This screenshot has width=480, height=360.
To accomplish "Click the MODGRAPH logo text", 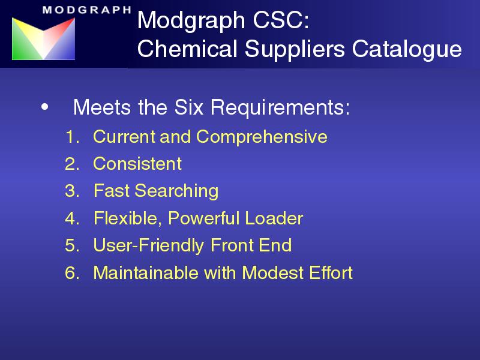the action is tap(87, 10).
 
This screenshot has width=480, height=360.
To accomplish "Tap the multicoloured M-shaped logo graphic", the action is tap(43, 38).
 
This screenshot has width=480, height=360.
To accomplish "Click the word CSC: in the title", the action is tap(281, 20).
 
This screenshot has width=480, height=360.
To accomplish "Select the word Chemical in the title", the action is tap(187, 49).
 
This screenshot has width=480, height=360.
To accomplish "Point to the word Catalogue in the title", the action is tap(407, 50).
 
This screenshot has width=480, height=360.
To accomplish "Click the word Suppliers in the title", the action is tap(295, 50).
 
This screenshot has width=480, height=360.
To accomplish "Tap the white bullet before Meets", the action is tap(44, 107).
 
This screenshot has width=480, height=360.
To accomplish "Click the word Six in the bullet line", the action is tap(189, 107).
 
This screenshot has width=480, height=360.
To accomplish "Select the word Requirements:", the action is tap(280, 108).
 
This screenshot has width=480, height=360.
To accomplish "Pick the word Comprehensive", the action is tap(262, 137).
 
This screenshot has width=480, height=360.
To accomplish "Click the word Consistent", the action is tap(137, 163).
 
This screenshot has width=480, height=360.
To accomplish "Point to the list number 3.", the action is tap(72, 191).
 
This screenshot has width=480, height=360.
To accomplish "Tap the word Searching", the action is tap(176, 191).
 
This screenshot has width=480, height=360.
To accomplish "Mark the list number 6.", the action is tap(72, 273).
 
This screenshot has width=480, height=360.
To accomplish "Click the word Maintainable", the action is tap(146, 272).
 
